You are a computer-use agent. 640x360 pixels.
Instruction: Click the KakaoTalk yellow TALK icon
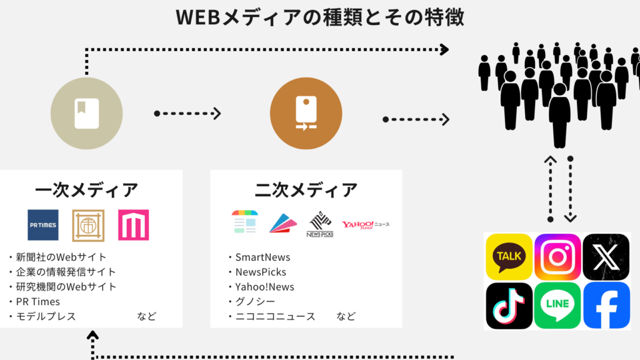pyautogui.click(x=509, y=256)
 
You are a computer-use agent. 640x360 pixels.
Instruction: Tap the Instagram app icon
pyautogui.click(x=557, y=256)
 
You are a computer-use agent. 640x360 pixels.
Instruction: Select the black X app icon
pyautogui.click(x=606, y=256)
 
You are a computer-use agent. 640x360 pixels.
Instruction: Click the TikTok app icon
pyautogui.click(x=509, y=305)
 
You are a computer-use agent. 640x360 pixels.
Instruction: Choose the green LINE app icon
pyautogui.click(x=557, y=305)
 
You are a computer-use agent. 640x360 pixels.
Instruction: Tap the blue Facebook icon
pyautogui.click(x=606, y=305)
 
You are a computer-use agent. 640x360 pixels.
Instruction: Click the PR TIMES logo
pyautogui.click(x=43, y=225)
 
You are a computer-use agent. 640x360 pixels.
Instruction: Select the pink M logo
pyautogui.click(x=133, y=225)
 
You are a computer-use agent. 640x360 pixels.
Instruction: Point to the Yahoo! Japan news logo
pyautogui.click(x=366, y=224)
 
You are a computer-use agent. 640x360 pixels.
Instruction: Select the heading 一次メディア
pyautogui.click(x=87, y=190)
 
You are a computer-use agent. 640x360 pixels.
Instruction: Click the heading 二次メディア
pyautogui.click(x=306, y=190)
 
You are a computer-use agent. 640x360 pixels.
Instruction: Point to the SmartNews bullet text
pyautogui.click(x=262, y=257)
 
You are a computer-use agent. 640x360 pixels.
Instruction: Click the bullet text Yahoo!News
pyautogui.click(x=264, y=287)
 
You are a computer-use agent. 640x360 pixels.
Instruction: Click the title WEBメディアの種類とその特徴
pyautogui.click(x=320, y=17)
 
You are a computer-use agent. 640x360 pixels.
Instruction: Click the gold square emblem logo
pyautogui.click(x=88, y=225)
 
